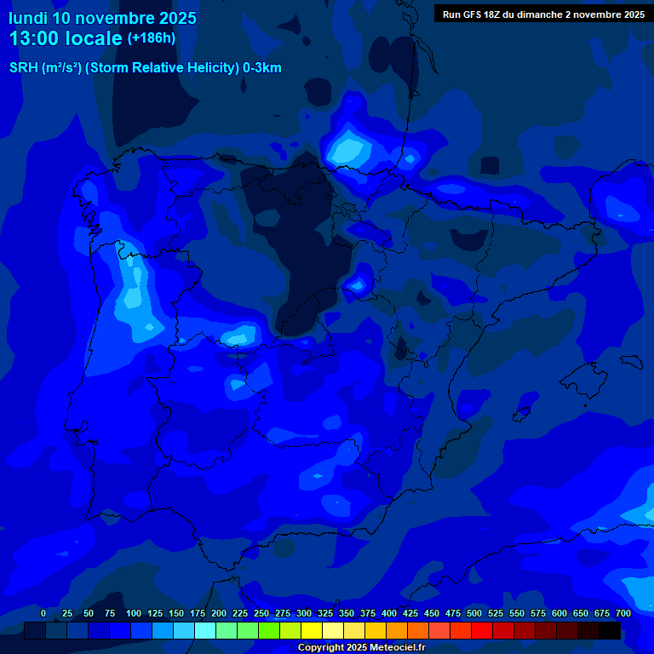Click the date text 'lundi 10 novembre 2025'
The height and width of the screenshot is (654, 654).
(x=102, y=18)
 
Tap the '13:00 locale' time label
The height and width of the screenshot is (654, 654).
(x=66, y=38)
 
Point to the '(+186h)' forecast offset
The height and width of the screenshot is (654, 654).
(x=151, y=37)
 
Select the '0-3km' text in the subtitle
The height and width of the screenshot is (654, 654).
(x=262, y=68)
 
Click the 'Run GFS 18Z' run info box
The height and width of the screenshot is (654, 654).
(x=543, y=14)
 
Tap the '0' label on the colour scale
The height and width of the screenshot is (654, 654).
(x=43, y=613)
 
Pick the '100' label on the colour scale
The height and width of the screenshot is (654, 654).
(x=134, y=613)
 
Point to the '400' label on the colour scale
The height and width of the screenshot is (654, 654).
(x=389, y=613)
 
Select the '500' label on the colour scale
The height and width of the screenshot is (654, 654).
(x=474, y=613)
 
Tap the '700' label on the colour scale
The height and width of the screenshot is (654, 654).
(x=623, y=613)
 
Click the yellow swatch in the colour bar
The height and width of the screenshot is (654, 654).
(x=312, y=630)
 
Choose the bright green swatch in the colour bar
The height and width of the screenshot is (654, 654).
(x=248, y=630)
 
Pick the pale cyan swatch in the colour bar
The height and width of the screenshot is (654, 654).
(x=205, y=630)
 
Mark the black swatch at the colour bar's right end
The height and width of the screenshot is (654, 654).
(x=610, y=630)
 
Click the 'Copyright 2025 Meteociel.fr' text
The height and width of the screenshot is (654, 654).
(x=361, y=647)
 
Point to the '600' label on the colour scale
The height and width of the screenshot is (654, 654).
(x=559, y=613)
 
